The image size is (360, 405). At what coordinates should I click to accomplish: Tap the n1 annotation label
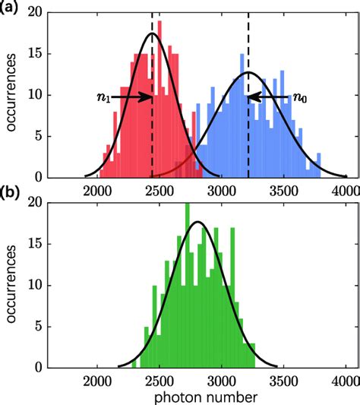[x=104, y=97]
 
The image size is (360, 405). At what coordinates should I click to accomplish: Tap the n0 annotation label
[x=301, y=97]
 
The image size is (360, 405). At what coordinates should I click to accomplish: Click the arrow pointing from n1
[x=131, y=97]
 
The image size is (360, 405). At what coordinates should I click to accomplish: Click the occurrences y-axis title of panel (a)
[x=11, y=96]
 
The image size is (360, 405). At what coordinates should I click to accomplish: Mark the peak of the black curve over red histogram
[x=152, y=33]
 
